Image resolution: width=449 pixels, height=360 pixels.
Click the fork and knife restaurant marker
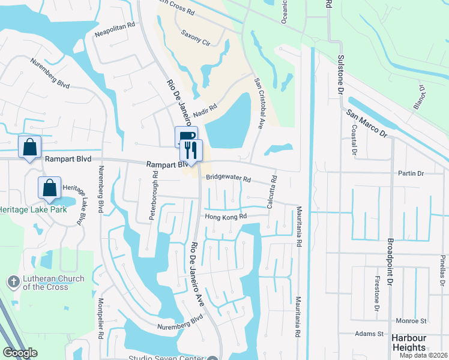tap(191, 149)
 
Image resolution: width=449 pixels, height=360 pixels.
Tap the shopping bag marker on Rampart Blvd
tap(29, 147)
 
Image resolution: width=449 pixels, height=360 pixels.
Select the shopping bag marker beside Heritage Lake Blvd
tap(50, 187)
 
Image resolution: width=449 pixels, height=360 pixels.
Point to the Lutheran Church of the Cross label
tap(45, 283)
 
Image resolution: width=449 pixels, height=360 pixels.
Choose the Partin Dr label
tap(411, 173)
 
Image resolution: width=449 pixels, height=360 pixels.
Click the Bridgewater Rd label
tap(228, 178)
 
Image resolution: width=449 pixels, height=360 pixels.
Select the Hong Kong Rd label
tap(226, 217)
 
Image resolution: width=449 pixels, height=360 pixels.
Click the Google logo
tap(20, 353)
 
